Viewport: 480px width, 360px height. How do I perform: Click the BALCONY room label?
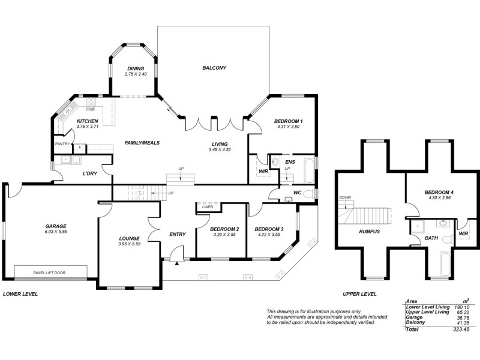(214, 68)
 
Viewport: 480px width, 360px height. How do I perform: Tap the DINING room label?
(135, 68)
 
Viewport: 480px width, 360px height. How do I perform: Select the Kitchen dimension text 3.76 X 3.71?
(87, 127)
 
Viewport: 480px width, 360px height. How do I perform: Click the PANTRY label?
(62, 144)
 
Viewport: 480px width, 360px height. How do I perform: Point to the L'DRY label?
(90, 174)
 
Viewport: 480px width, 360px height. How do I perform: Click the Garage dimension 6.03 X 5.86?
(55, 232)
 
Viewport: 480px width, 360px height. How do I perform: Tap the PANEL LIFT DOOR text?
(49, 273)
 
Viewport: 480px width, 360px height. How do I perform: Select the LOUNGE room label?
(128, 238)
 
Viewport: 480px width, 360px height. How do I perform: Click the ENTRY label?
(178, 234)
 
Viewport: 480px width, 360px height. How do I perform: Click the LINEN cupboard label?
(208, 207)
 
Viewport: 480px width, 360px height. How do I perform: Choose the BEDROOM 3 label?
(268, 229)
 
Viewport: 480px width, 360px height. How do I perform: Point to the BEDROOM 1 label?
(288, 122)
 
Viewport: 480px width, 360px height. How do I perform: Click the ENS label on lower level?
(290, 162)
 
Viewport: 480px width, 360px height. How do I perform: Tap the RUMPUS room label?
(370, 231)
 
